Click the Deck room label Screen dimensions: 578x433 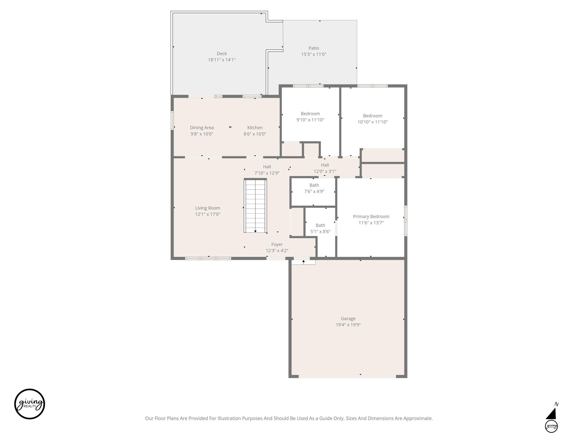coord(221,54)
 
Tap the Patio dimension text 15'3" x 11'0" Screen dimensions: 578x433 coord(314,54)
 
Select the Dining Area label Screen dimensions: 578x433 coord(202,128)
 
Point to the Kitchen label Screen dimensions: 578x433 coord(255,128)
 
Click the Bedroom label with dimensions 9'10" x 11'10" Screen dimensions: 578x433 coord(310,114)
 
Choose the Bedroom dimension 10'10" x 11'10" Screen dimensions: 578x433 coord(372,122)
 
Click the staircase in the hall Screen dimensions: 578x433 coord(255,205)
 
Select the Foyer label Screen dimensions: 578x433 coord(277,244)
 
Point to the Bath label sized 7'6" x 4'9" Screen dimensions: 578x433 coord(314,185)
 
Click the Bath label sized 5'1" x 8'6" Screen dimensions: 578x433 coord(320,225)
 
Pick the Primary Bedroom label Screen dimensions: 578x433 coord(371,216)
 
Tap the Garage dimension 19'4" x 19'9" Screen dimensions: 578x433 coord(348,325)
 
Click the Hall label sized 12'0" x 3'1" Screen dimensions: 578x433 coord(325,165)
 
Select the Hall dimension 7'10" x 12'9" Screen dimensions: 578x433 coord(267,173)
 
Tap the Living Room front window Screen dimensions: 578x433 coord(208,258)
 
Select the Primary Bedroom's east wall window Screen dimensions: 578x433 coord(406,221)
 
